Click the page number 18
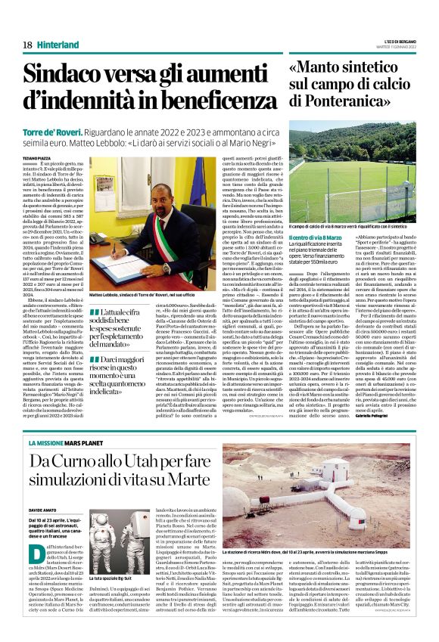[x=26, y=45]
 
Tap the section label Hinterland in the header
[x=58, y=45]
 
